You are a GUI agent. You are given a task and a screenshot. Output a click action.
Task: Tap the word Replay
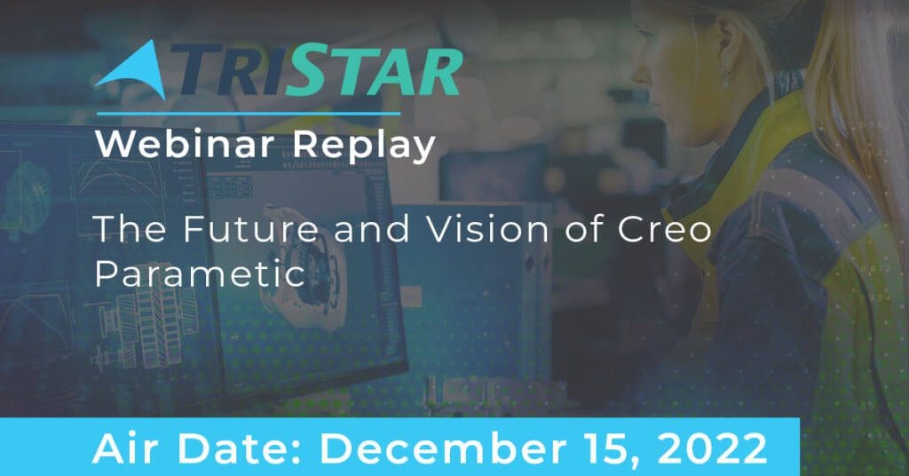coord(364,146)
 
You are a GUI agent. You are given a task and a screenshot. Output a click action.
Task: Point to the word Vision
coord(487,228)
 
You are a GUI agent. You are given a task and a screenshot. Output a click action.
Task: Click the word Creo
coord(664,228)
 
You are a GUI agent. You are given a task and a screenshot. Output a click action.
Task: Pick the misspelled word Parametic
coord(200,273)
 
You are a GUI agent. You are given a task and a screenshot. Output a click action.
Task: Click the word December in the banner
coord(442,448)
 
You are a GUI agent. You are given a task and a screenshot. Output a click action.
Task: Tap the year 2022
coord(711,448)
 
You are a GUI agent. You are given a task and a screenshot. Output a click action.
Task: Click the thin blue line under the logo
coord(249,114)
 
